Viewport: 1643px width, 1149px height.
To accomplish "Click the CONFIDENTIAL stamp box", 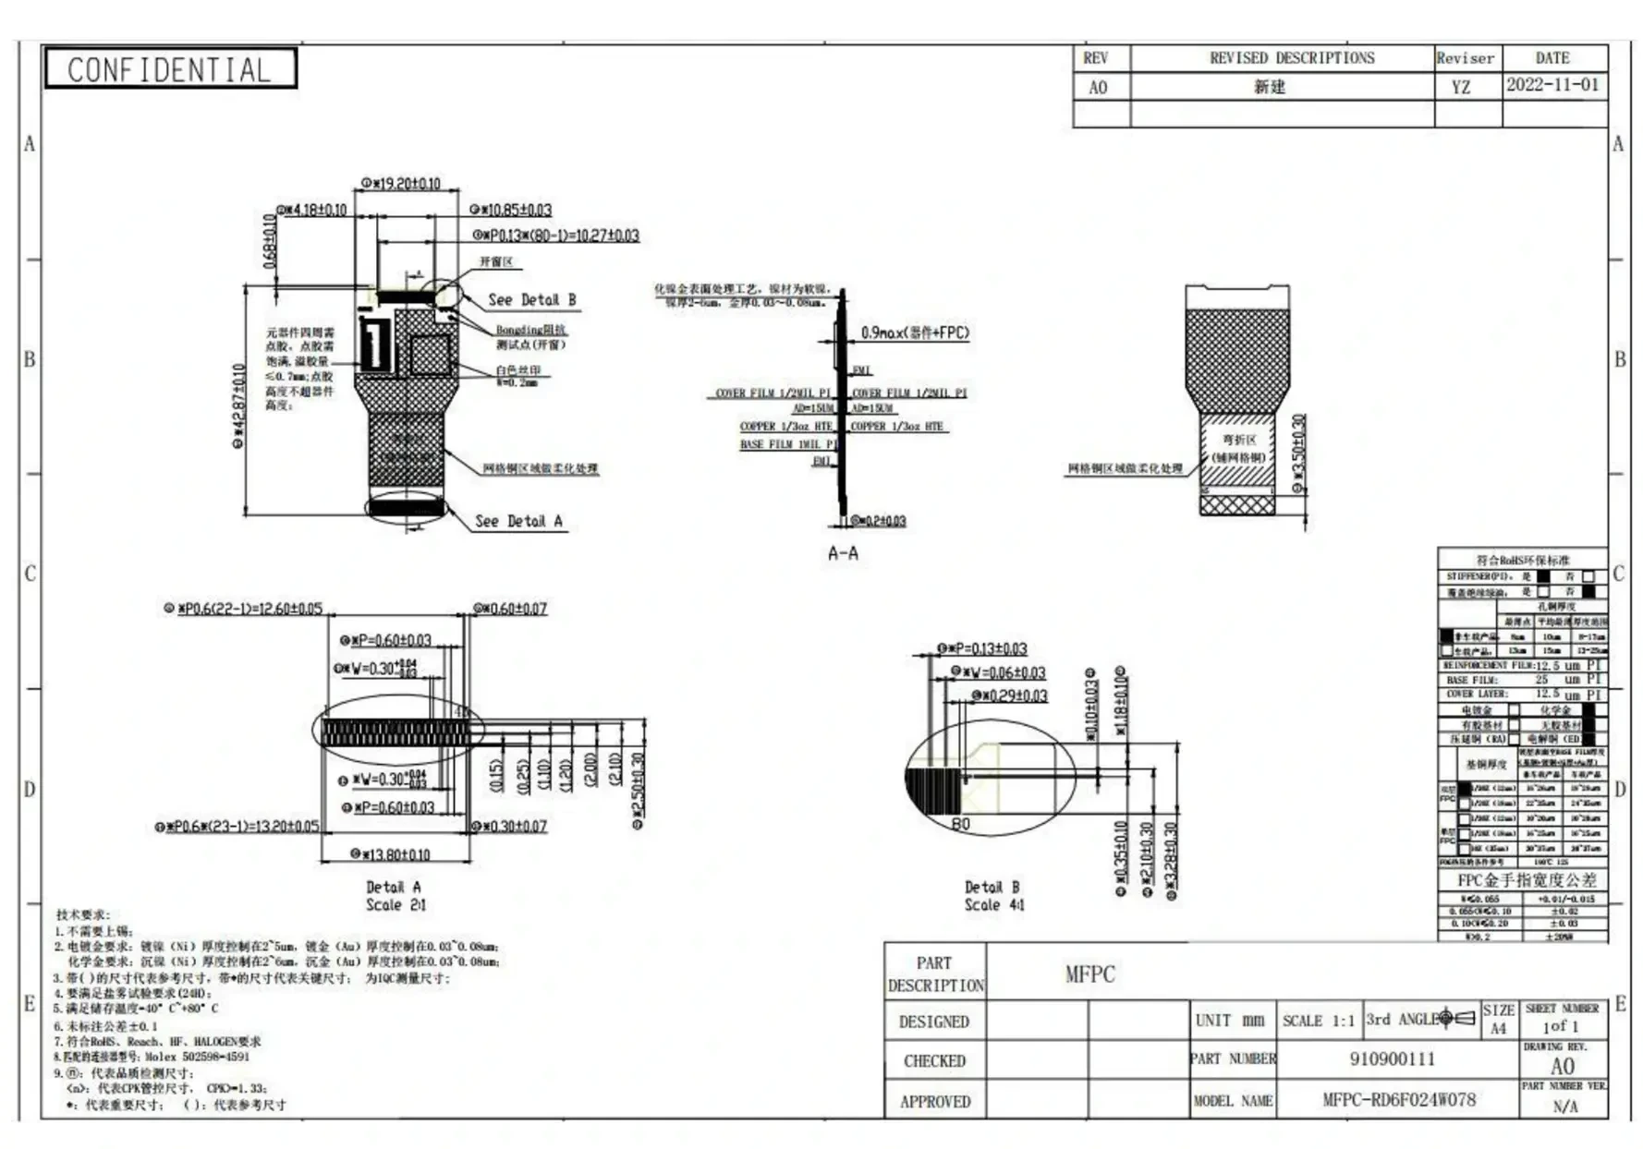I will click(170, 69).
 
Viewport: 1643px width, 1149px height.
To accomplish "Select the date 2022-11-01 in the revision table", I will click(1552, 85).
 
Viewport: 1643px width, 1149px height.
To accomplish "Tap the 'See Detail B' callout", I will click(531, 299).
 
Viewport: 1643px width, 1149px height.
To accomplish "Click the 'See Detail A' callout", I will click(518, 521).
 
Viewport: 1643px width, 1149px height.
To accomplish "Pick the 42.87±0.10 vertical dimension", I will click(240, 405).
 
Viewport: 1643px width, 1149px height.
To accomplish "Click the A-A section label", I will click(843, 553).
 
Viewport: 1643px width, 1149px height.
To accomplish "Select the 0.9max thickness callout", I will click(915, 333).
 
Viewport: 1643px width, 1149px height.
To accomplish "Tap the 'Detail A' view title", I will click(394, 887).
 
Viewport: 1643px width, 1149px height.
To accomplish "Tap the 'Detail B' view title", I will click(992, 887).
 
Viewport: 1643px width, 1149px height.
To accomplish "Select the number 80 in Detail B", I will click(961, 824).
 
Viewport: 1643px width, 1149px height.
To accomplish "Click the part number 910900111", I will click(1392, 1058).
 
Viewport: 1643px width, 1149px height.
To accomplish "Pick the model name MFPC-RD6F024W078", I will click(1398, 1099).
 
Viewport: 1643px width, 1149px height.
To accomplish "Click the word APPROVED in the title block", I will click(935, 1101).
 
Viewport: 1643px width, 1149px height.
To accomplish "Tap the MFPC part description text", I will click(1090, 974).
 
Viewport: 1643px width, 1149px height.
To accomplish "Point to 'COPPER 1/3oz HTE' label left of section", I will click(785, 427).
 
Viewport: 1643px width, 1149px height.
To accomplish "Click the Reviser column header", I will click(1465, 58).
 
